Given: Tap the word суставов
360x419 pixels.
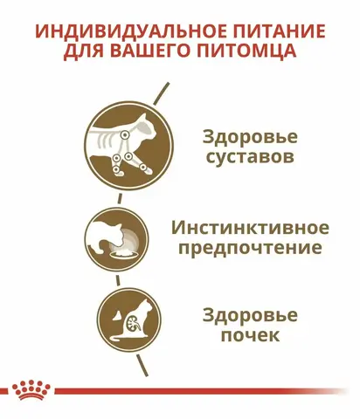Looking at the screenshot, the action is point(250,157).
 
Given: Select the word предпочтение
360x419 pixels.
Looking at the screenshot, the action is point(250,249).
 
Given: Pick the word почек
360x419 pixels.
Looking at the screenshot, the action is point(250,335).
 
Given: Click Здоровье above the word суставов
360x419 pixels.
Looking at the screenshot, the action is point(250,137).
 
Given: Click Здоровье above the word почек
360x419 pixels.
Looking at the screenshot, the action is point(250,315).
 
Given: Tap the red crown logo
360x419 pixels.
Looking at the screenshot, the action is point(31,390).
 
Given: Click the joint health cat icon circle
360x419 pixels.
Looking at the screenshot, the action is point(128,145).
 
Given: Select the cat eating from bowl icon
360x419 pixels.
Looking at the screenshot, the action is point(116,239).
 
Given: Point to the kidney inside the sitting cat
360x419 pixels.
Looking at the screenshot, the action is point(131,323).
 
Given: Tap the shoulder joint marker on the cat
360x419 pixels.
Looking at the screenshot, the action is point(125,134).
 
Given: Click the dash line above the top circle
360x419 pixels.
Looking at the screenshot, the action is point(162,93).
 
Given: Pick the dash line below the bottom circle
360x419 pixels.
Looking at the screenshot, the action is point(142,365).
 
